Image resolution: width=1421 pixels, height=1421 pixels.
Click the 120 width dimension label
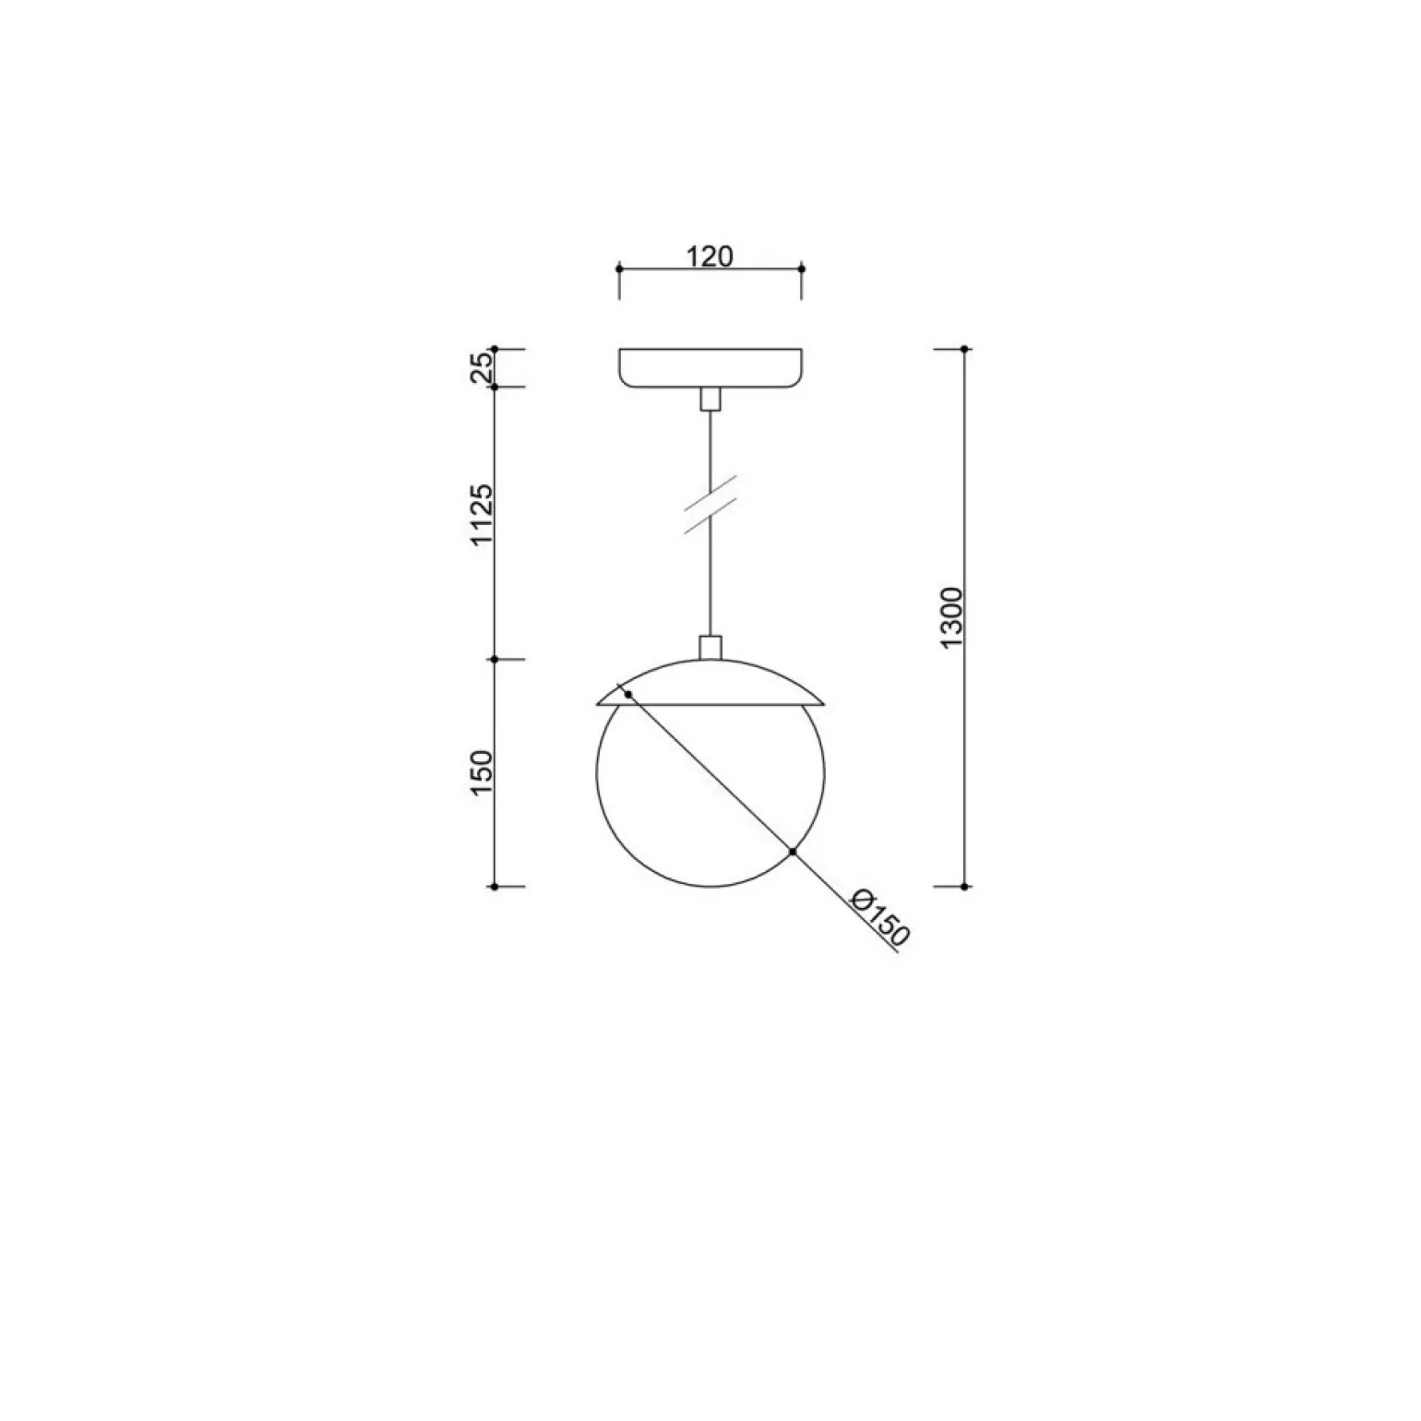[x=710, y=256]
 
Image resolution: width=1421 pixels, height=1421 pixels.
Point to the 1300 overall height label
[x=952, y=616]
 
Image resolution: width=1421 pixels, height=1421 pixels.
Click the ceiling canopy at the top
[x=710, y=368]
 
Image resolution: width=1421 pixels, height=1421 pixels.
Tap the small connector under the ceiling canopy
[x=710, y=399]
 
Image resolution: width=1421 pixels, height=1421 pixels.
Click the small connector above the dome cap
[x=710, y=648]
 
